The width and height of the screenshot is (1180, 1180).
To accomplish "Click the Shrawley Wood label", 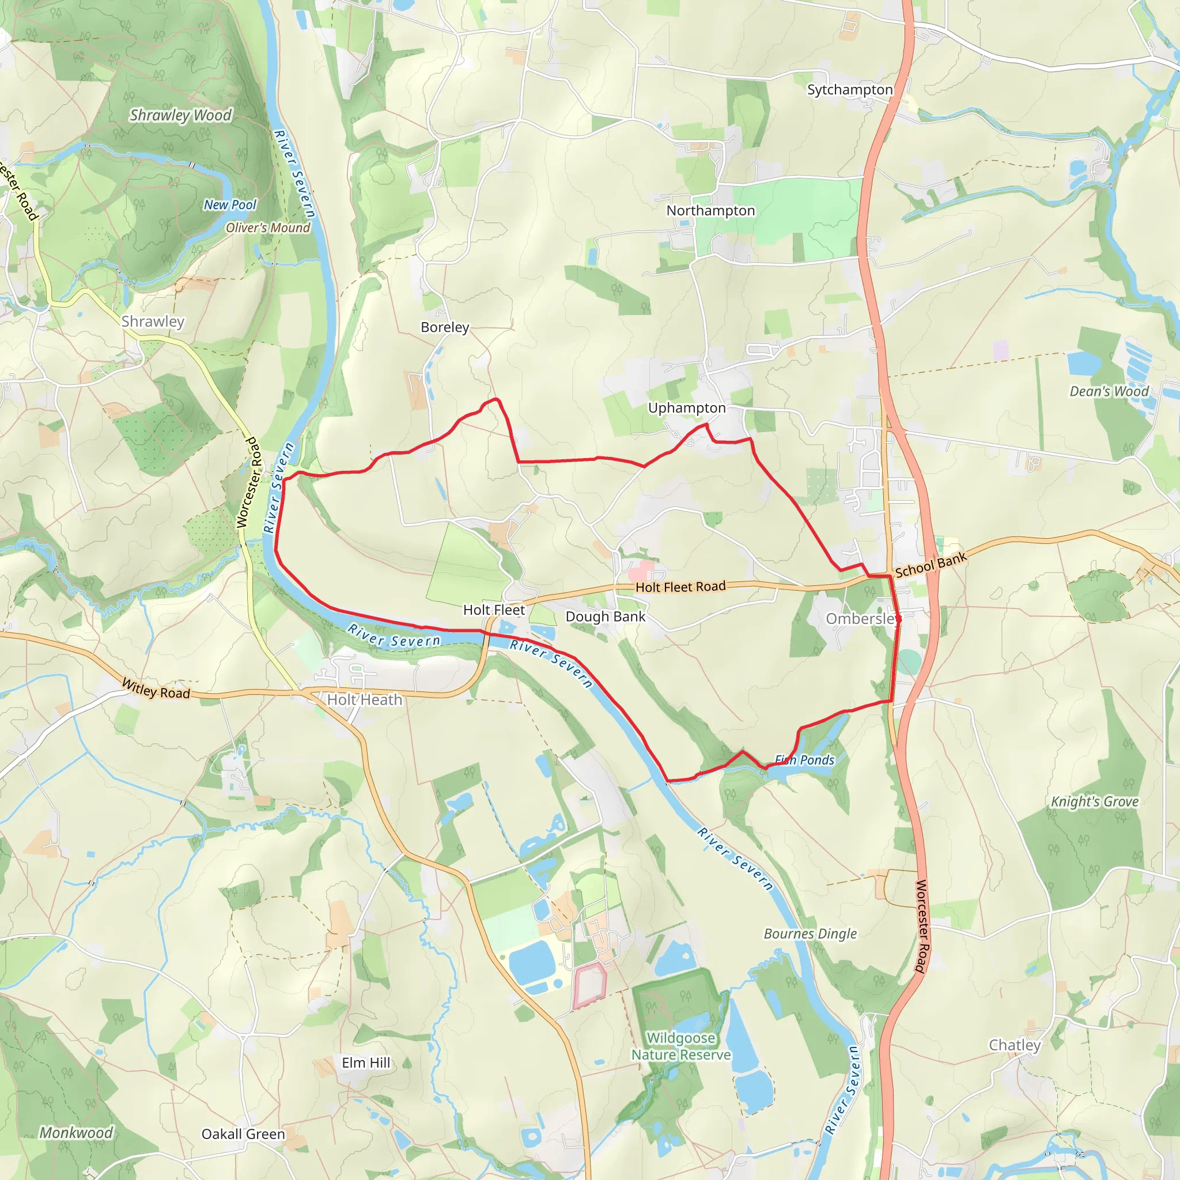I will (x=181, y=115).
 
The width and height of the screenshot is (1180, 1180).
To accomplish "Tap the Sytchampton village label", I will (x=850, y=90).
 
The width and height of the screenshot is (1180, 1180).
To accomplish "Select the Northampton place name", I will (x=710, y=211).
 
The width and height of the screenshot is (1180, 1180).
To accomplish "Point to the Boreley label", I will (x=445, y=327).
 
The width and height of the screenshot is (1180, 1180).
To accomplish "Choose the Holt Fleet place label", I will (x=494, y=610).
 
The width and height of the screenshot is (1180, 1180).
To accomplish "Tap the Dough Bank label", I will (x=606, y=617).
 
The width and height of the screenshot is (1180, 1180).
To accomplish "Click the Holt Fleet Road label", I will (x=680, y=587).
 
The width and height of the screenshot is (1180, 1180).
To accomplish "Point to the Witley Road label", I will (x=156, y=689).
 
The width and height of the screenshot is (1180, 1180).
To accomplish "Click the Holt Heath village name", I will (x=365, y=700).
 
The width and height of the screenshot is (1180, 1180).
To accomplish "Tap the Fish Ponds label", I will (x=804, y=761).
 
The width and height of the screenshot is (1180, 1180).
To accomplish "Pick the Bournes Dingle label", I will (x=810, y=934).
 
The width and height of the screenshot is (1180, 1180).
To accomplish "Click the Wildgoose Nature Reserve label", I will (x=681, y=1046).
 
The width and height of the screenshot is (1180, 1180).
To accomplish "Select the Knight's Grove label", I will (x=1095, y=802).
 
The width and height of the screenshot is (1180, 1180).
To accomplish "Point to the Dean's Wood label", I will (x=1109, y=391).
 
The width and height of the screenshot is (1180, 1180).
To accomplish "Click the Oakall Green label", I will (x=243, y=1134).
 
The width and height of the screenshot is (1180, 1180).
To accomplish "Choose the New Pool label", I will (x=230, y=205).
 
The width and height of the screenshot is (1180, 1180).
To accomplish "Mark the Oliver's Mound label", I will (x=267, y=228).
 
